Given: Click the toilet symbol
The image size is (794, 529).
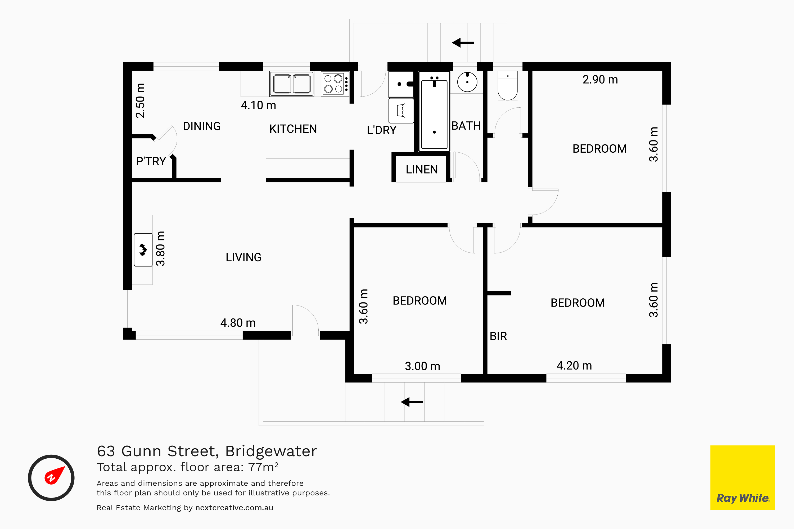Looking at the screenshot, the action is (507, 86).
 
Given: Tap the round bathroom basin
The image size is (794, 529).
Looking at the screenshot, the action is (467, 82).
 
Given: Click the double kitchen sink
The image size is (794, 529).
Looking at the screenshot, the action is (292, 84).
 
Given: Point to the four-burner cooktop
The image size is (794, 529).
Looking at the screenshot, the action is (335, 84).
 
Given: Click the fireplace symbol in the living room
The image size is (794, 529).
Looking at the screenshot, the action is (143, 250).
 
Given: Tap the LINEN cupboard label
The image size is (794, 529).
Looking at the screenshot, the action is (422, 169).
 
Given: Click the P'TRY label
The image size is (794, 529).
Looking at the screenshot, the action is (151, 161).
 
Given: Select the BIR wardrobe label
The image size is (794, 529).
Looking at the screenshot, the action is (498, 336).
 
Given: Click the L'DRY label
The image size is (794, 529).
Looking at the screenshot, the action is (381, 130).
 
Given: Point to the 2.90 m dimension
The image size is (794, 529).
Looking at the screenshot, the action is (600, 80).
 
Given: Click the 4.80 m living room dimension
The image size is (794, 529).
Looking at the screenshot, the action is (238, 323).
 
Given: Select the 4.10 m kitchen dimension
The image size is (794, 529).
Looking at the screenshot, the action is (258, 105).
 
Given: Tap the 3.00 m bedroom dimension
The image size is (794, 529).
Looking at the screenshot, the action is (422, 366).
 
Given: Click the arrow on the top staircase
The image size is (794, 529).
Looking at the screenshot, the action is (463, 43).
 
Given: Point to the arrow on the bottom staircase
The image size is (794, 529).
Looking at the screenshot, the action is (412, 402).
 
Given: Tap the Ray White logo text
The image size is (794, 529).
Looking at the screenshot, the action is (743, 498).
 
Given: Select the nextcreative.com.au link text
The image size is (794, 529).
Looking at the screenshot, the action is (234, 508).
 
